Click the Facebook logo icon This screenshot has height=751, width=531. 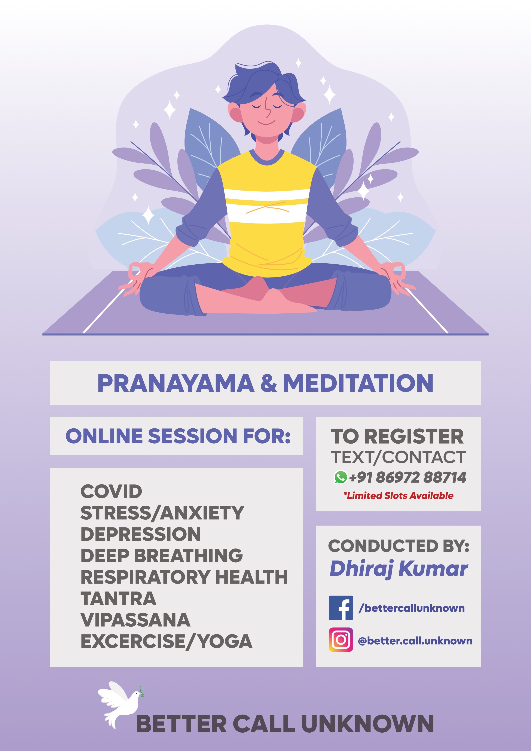click(341, 608)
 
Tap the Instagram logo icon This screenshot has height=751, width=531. click(341, 639)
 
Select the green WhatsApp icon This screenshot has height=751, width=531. click(340, 477)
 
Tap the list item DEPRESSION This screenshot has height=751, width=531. click(141, 534)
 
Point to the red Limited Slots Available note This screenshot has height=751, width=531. click(398, 496)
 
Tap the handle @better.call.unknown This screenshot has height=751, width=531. click(415, 641)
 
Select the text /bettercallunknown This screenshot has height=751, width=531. click(412, 608)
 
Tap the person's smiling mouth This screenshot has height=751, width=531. click(266, 123)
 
